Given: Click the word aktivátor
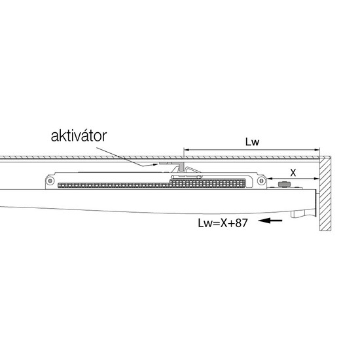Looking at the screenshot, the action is [x=79, y=136].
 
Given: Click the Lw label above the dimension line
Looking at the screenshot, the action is [x=252, y=141].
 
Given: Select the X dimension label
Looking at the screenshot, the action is [x=293, y=173].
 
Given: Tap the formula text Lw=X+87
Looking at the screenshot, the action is [x=223, y=223].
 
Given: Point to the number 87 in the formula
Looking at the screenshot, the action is [x=242, y=223].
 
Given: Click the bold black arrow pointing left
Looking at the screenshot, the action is [x=270, y=221].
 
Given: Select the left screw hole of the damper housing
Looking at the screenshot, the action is [x=50, y=181].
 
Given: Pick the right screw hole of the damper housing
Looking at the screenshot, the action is [x=261, y=181].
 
